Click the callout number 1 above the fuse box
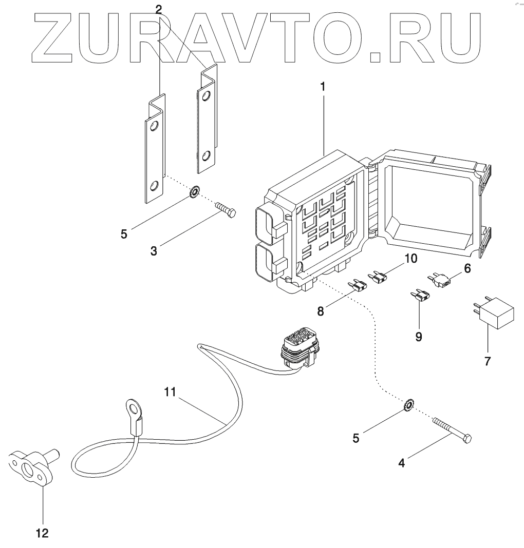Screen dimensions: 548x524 (323, 87)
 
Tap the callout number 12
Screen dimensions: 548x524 (43, 533)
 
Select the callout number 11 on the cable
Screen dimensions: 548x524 (170, 392)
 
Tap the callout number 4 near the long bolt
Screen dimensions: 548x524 (402, 463)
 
